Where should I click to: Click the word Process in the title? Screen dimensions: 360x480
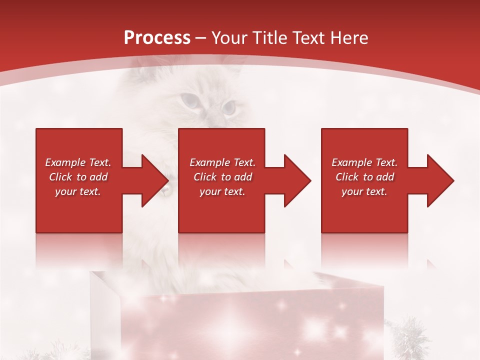pos(157,38)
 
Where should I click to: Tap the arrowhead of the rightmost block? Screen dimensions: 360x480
pos(439,180)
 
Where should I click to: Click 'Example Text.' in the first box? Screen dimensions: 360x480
pos(78,162)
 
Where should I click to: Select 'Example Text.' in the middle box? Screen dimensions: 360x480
pos(222,162)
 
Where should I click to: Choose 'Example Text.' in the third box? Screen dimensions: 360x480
pos(364,162)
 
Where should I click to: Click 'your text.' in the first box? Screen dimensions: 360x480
pos(78,191)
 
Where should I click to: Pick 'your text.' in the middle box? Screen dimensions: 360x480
pos(222,191)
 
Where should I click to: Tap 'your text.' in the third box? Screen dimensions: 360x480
pos(364,191)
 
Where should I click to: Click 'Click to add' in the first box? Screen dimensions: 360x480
pos(78,177)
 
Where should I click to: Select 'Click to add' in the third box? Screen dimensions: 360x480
pos(364,177)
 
